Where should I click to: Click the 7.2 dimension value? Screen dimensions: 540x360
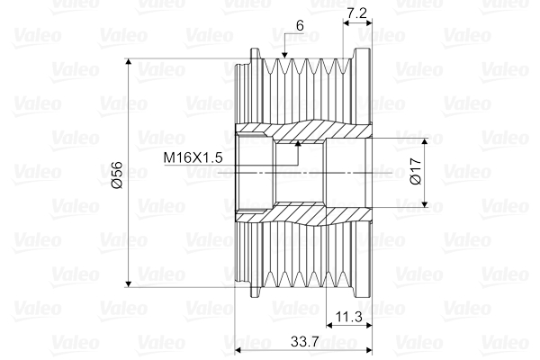coord(357,13)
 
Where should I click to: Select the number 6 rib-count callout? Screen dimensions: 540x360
coord(300,25)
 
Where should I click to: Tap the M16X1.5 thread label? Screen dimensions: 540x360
coord(193,157)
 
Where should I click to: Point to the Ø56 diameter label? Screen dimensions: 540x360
coord(117,175)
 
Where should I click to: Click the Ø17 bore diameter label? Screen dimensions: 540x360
coord(416,171)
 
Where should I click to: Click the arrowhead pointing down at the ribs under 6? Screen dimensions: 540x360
coord(284,55)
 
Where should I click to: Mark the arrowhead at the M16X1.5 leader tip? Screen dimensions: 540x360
coord(298,143)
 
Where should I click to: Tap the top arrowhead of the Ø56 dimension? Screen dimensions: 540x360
coord(129,62)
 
